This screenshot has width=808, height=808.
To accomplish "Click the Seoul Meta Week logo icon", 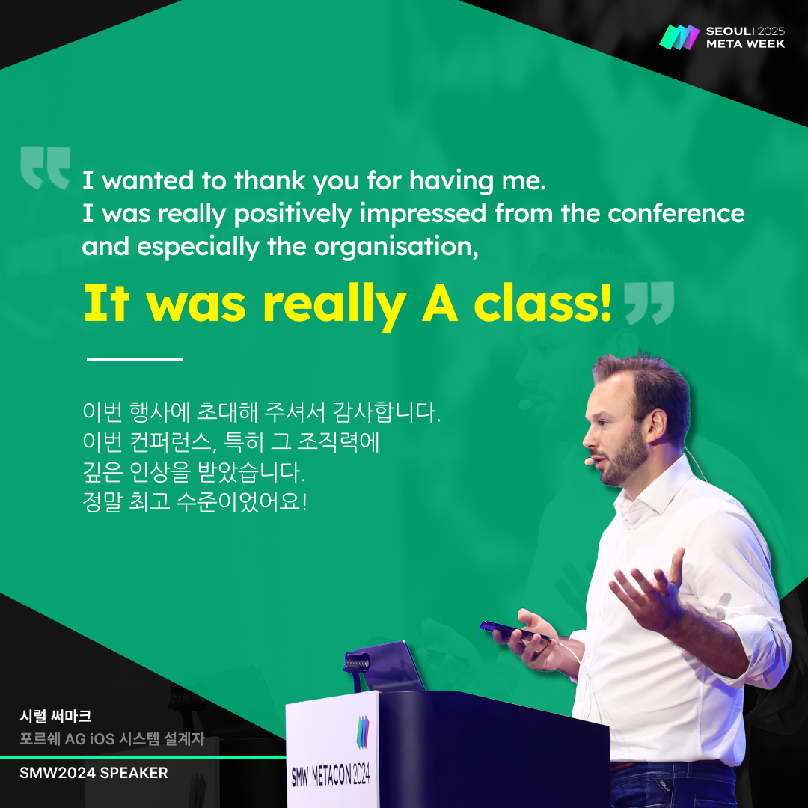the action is (x=679, y=37).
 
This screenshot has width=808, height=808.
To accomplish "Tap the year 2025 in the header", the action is (x=771, y=31).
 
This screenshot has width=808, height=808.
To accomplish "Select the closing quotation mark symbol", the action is (x=649, y=303).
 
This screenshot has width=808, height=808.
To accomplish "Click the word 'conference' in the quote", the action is (x=676, y=213).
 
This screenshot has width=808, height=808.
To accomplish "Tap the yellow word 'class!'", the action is (x=543, y=304).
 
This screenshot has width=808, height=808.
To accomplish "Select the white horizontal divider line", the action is (x=135, y=358).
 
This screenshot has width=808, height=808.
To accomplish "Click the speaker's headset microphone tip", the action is (x=589, y=462).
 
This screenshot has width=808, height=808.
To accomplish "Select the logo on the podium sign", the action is (x=363, y=731).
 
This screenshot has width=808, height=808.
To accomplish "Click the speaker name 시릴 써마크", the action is (x=55, y=716).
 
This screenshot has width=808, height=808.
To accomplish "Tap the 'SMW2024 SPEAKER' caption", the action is (x=94, y=773).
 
